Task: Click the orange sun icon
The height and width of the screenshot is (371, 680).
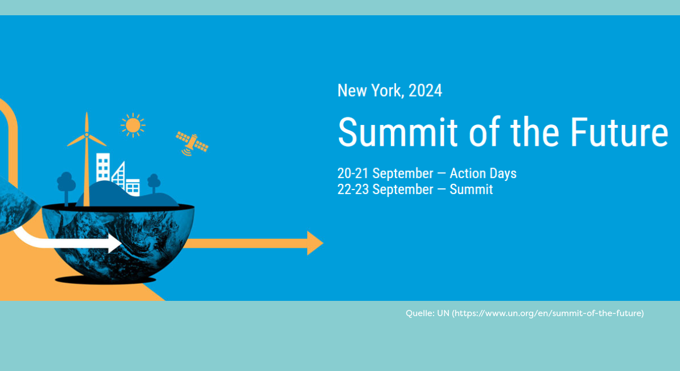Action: click(133, 125)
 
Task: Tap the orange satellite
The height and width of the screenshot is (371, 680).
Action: click(192, 144)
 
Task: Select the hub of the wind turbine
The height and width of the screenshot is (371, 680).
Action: click(87, 135)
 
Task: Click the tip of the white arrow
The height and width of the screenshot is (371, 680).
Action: click(122, 243)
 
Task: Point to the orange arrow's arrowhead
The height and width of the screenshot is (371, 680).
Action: click(315, 243)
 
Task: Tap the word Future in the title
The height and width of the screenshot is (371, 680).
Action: click(619, 132)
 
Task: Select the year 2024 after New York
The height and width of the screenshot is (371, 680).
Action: click(426, 90)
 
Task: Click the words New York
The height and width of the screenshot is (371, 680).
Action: click(371, 90)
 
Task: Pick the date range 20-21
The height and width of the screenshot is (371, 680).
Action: click(352, 174)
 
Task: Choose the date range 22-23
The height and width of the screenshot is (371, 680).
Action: click(353, 189)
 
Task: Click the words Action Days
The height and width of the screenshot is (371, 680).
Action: click(483, 174)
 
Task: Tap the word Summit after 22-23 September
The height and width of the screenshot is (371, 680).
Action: click(471, 189)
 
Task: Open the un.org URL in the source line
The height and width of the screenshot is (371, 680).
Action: click(548, 313)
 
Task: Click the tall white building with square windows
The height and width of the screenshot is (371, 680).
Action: click(103, 167)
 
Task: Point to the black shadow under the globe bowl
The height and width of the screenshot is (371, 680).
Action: click(105, 280)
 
